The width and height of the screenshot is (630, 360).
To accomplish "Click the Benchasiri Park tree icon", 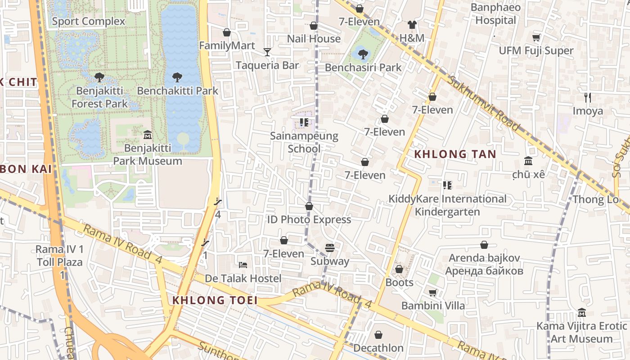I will point(363,54).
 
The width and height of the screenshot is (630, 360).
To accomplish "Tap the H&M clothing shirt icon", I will point(412,25).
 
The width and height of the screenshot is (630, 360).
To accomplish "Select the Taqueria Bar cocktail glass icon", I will point(267,52).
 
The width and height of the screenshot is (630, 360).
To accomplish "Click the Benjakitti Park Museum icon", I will point(147,135).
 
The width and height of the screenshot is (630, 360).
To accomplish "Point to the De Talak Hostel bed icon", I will point(243,265).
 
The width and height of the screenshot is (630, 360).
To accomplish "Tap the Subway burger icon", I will point(330,248).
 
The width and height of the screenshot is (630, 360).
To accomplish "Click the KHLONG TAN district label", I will point(455,154).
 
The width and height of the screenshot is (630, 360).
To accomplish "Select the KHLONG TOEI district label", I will point(215,300).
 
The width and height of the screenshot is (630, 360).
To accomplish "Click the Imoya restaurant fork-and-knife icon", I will point(587,97).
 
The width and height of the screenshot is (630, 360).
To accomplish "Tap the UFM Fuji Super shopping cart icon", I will point(536,37).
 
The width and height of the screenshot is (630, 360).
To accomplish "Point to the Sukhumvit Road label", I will point(484,103).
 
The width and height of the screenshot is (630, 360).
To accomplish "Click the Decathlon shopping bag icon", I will point(378,335).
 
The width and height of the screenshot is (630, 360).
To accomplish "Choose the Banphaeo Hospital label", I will point(495,14).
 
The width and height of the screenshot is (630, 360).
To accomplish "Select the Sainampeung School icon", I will point(304,122).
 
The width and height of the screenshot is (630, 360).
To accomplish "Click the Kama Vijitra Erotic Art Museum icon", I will point(581,313).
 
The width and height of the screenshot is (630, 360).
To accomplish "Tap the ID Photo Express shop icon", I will point(309,207).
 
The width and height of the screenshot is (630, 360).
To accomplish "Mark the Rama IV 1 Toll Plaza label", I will point(59,256).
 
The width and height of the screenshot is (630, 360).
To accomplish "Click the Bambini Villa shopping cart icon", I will point(432,293).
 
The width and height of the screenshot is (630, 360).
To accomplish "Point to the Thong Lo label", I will point(595,199).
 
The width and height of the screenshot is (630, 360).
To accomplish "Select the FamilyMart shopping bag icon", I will point(227,32).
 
